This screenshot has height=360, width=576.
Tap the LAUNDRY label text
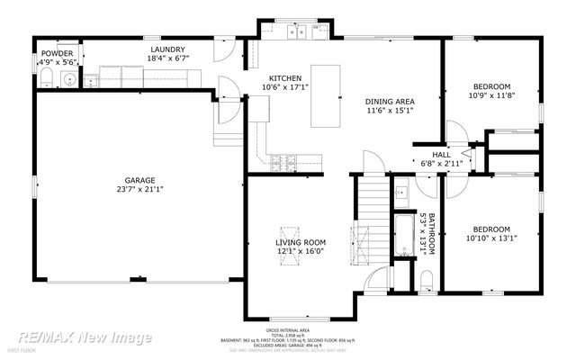pos(168,49)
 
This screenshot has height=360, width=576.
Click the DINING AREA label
pos(389,102)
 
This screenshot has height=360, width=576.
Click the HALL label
pos(441,155)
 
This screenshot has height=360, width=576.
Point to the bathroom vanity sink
pos(401,192)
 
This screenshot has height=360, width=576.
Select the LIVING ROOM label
pos(300,243)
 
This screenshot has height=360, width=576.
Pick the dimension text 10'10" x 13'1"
pos(491,238)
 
